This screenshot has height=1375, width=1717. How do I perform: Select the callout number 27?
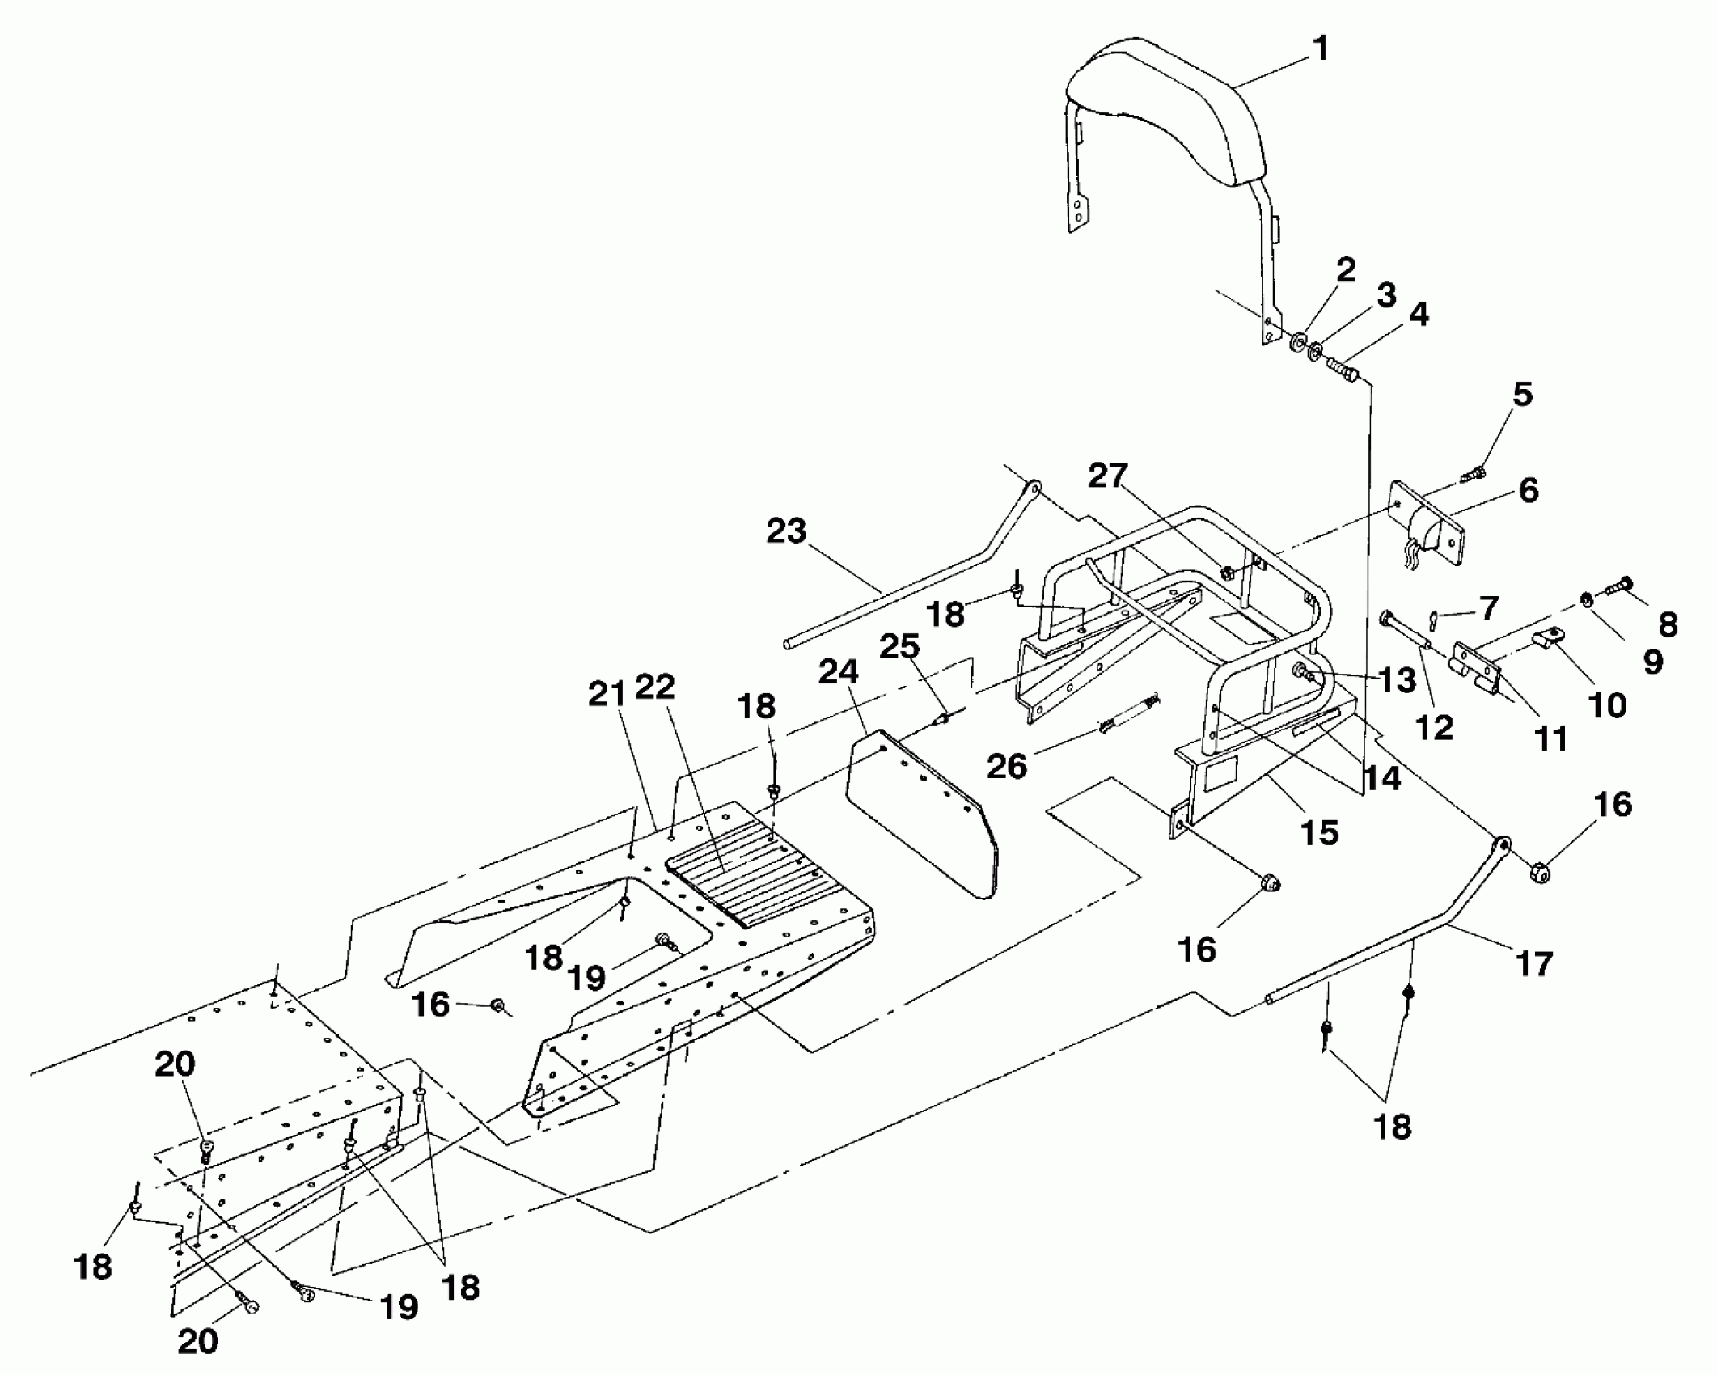click(x=1107, y=476)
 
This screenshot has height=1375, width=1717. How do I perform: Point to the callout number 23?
click(x=786, y=531)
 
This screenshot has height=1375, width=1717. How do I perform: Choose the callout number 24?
click(x=838, y=671)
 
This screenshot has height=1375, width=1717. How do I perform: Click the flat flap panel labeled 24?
click(x=922, y=809)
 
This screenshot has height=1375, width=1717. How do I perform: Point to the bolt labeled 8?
click(x=1621, y=584)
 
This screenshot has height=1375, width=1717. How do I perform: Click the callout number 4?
click(x=1419, y=314)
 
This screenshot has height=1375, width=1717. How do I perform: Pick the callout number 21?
click(x=607, y=694)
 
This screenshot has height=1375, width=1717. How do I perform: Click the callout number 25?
click(x=900, y=646)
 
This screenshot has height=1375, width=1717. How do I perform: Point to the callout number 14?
click(x=1381, y=777)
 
